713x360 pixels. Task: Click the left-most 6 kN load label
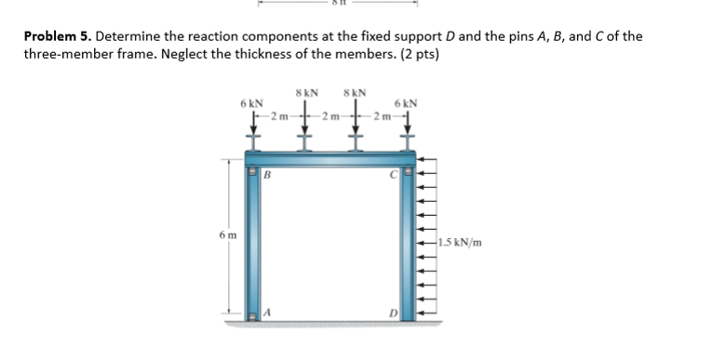(x=250, y=103)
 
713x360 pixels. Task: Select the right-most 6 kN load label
(x=406, y=103)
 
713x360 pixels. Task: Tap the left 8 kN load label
(x=306, y=93)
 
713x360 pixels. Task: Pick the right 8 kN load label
(x=355, y=93)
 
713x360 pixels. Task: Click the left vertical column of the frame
(x=251, y=247)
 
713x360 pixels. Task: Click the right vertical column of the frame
(x=408, y=247)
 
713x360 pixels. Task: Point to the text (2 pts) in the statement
(x=420, y=54)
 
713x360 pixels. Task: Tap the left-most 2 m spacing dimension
(x=277, y=115)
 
